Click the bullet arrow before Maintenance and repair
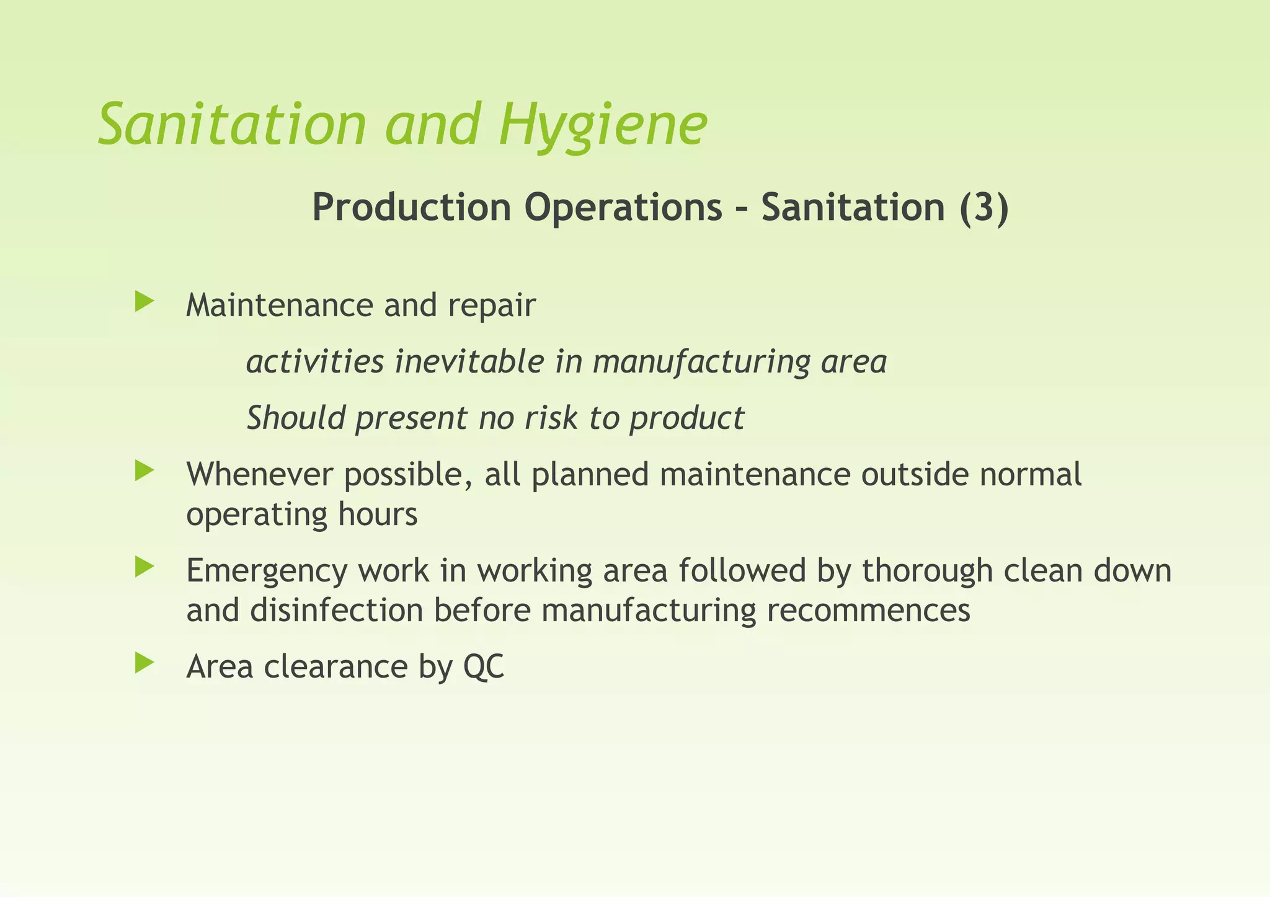click(144, 303)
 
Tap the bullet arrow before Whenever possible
click(144, 471)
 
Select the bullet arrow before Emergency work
click(144, 567)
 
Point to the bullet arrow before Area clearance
click(144, 664)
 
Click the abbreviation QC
click(484, 667)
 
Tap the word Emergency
click(267, 572)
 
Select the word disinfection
click(336, 611)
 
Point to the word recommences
click(868, 611)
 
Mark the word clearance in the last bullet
click(335, 667)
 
